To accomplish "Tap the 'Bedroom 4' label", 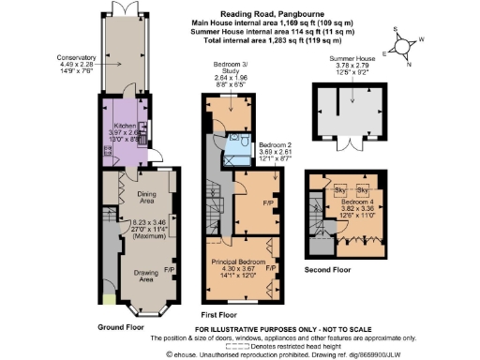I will (x=356, y=203).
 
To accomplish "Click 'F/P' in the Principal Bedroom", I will (x=271, y=268).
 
